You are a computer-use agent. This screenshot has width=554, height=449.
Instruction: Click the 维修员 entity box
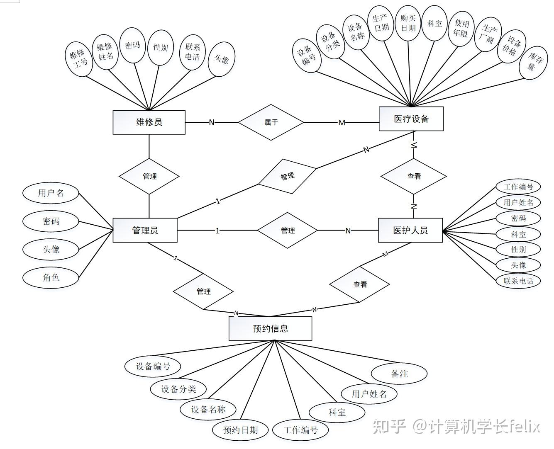[x=149, y=122]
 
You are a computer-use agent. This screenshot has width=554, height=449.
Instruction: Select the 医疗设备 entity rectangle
[x=411, y=119]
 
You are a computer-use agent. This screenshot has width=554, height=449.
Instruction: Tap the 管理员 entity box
[x=145, y=230]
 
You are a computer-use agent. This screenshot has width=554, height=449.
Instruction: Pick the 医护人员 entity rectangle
[x=410, y=230]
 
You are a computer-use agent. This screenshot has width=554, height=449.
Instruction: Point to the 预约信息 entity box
[x=270, y=329]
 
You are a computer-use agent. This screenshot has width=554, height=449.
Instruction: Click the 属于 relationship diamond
[x=271, y=122]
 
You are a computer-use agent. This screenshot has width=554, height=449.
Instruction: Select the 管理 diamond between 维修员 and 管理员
[x=149, y=176]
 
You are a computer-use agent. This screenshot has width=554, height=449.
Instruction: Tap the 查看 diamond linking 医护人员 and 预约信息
[x=360, y=284]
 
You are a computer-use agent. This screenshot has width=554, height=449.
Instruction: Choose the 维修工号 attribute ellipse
[x=79, y=58]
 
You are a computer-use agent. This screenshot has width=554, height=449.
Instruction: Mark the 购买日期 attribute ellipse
[x=408, y=23]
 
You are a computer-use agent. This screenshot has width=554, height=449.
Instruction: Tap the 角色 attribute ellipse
[x=51, y=277]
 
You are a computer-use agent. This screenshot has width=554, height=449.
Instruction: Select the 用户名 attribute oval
[x=51, y=193]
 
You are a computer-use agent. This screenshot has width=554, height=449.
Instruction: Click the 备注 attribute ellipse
[x=399, y=374]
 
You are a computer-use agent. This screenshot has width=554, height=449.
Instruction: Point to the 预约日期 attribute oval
[x=240, y=430]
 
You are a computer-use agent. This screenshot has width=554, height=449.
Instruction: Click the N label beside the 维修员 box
[x=212, y=122]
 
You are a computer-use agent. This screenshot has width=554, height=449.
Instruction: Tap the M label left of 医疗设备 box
[x=342, y=123]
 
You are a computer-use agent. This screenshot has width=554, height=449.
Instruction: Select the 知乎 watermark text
[x=389, y=426]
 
